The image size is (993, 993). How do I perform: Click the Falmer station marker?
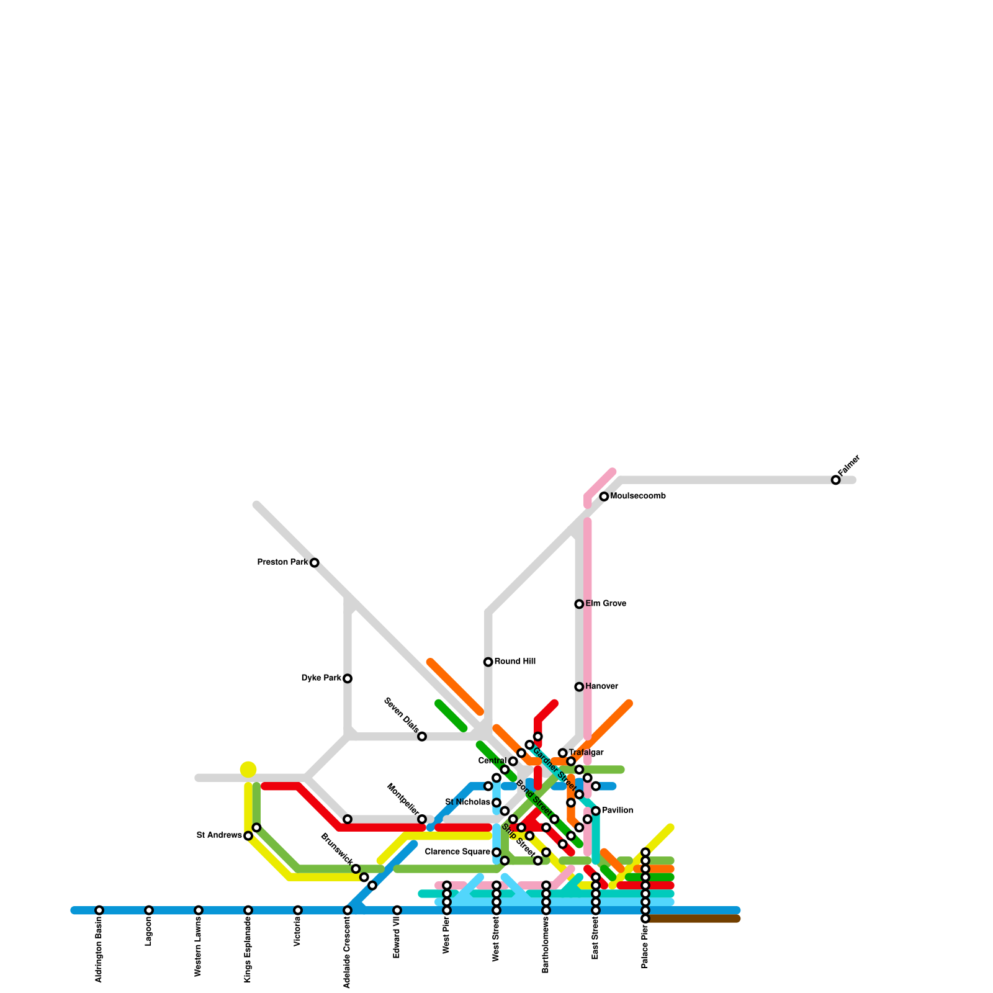pos(835,480)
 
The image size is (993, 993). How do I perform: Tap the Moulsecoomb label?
pos(638,496)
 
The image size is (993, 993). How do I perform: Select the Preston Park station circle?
pos(315,563)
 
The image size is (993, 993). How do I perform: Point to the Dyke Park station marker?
pos(348,678)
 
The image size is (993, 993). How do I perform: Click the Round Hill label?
pos(515,662)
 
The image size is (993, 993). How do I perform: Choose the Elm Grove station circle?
pos(579,604)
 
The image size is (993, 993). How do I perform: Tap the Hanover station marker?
pos(579,686)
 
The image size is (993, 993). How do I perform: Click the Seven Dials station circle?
pos(422,737)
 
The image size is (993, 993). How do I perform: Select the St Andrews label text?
pos(219,835)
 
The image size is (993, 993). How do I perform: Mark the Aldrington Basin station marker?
pos(99,910)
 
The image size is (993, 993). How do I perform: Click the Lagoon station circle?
pos(149,910)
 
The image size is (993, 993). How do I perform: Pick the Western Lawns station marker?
pos(199,910)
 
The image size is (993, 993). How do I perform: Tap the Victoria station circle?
pos(298,910)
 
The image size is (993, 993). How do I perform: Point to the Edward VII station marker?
pos(397,910)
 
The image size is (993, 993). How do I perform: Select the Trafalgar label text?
pos(586,753)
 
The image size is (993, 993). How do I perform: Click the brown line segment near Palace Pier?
pos(695,919)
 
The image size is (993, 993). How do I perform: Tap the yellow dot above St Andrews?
pos(248,770)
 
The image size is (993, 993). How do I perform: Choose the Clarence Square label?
pos(457,852)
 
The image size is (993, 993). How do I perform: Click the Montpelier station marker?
pos(422,819)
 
